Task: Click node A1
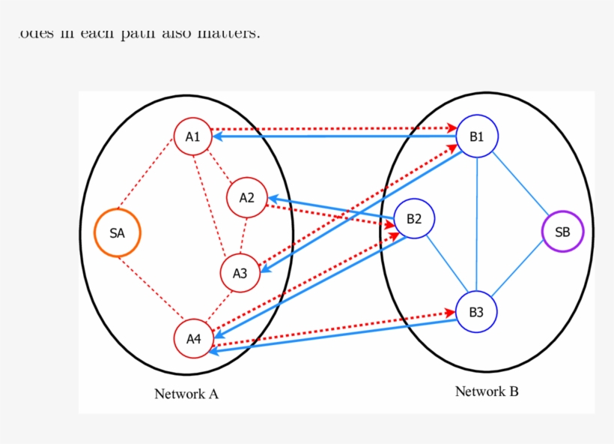tap(193, 136)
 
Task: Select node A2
tap(247, 198)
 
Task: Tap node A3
tap(240, 273)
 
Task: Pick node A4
tap(194, 338)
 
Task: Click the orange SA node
tap(118, 233)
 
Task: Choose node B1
tap(477, 136)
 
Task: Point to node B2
tap(414, 219)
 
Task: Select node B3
tap(476, 313)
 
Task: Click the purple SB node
tap(562, 232)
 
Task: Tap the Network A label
tap(186, 394)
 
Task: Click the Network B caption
tap(487, 391)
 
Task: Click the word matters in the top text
tap(229, 34)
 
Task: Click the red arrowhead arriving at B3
tap(452, 313)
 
